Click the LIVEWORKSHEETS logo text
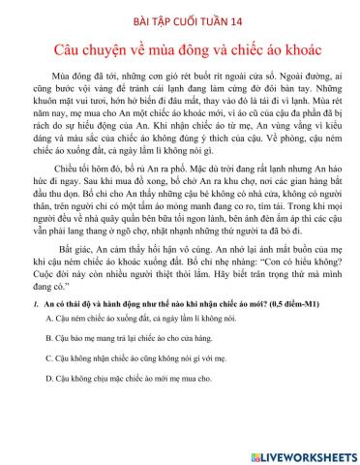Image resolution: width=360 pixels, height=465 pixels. point(307,455)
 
